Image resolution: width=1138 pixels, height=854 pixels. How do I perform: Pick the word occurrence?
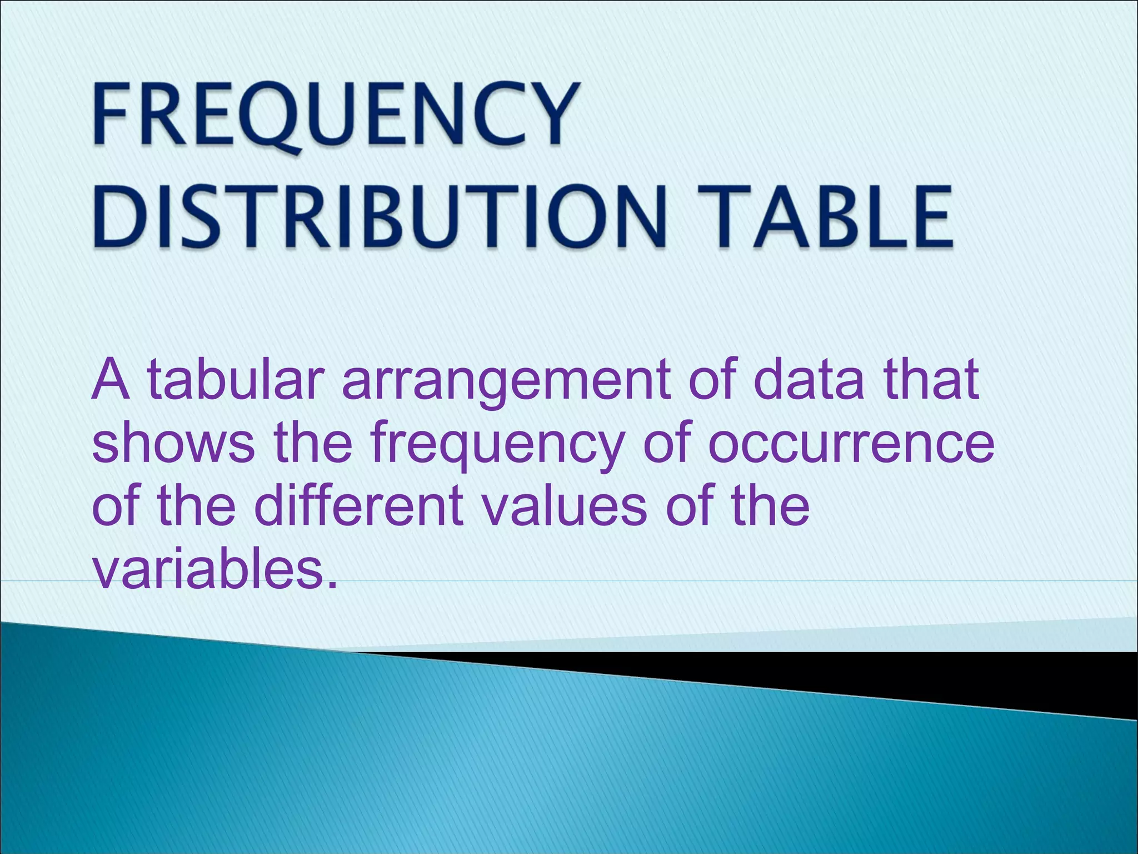tap(850, 445)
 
